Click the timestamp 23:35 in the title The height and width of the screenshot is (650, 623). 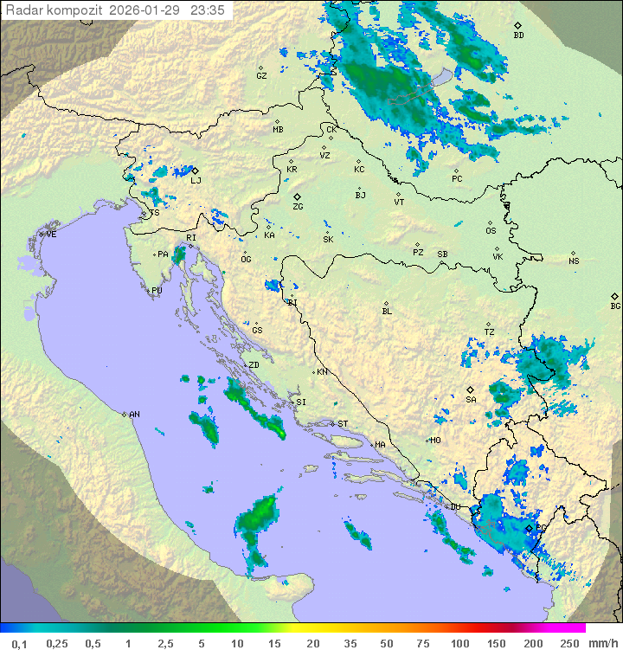click(x=209, y=10)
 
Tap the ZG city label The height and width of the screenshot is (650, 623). click(x=298, y=207)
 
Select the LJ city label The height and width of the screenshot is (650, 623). click(x=196, y=180)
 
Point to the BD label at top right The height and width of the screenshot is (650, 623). click(x=518, y=35)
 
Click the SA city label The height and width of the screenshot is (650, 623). click(x=471, y=399)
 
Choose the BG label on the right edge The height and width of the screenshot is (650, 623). click(x=615, y=306)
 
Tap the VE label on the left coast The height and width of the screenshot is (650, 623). click(x=51, y=235)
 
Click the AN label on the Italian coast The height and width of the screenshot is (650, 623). click(x=134, y=415)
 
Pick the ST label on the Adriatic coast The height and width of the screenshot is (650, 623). click(x=342, y=423)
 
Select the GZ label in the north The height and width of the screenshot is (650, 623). click(x=261, y=75)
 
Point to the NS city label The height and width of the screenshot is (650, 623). click(x=574, y=261)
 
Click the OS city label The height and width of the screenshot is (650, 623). click(x=491, y=230)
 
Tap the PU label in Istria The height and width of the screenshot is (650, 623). click(x=157, y=291)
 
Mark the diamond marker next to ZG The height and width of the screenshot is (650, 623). click(x=297, y=196)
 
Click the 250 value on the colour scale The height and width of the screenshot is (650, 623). click(x=568, y=643)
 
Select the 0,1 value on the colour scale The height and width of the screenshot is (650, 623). click(x=19, y=643)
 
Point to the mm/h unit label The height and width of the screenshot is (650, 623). click(x=603, y=643)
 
